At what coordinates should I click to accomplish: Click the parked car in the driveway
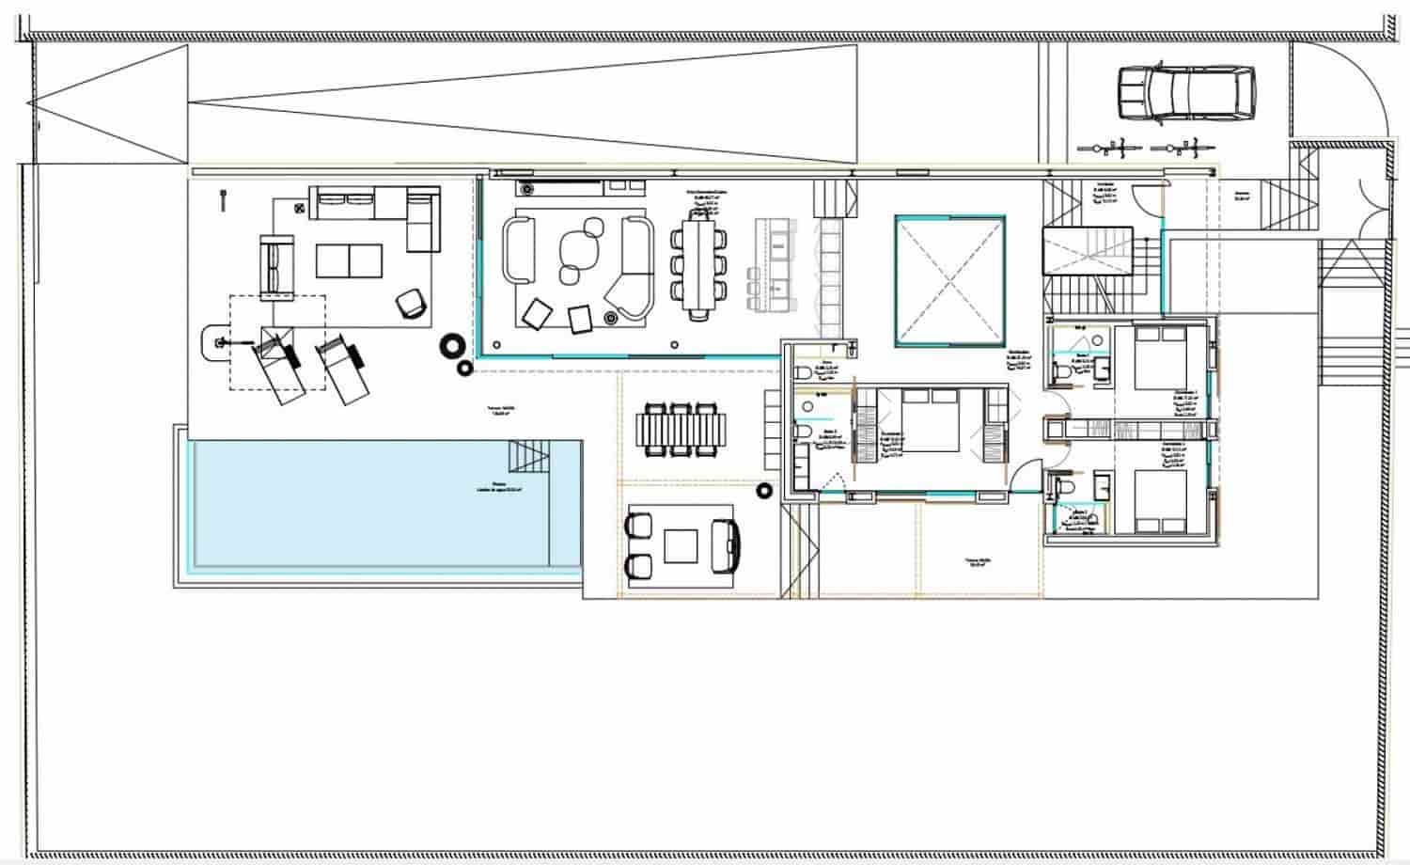pos(1186,95)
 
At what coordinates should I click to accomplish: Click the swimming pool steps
pos(529,457)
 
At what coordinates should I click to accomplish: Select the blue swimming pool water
pos(376,508)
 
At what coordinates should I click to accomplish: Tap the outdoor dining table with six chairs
pos(681,430)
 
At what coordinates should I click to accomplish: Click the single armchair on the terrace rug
pos(411,303)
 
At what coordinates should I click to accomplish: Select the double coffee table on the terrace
pos(349,260)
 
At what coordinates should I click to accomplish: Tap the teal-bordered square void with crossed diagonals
pos(949,281)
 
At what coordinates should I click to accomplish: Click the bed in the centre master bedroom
pos(930,421)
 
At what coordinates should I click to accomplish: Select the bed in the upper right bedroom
pos(1161,356)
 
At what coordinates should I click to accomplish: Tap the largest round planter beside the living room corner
pos(453,347)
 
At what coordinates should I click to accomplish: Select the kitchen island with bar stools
pos(776,266)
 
